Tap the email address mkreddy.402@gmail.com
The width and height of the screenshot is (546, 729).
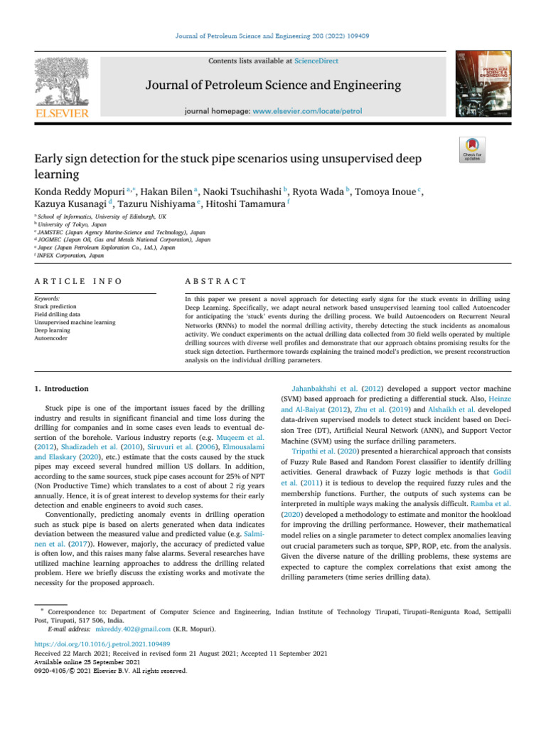click(x=133, y=629)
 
